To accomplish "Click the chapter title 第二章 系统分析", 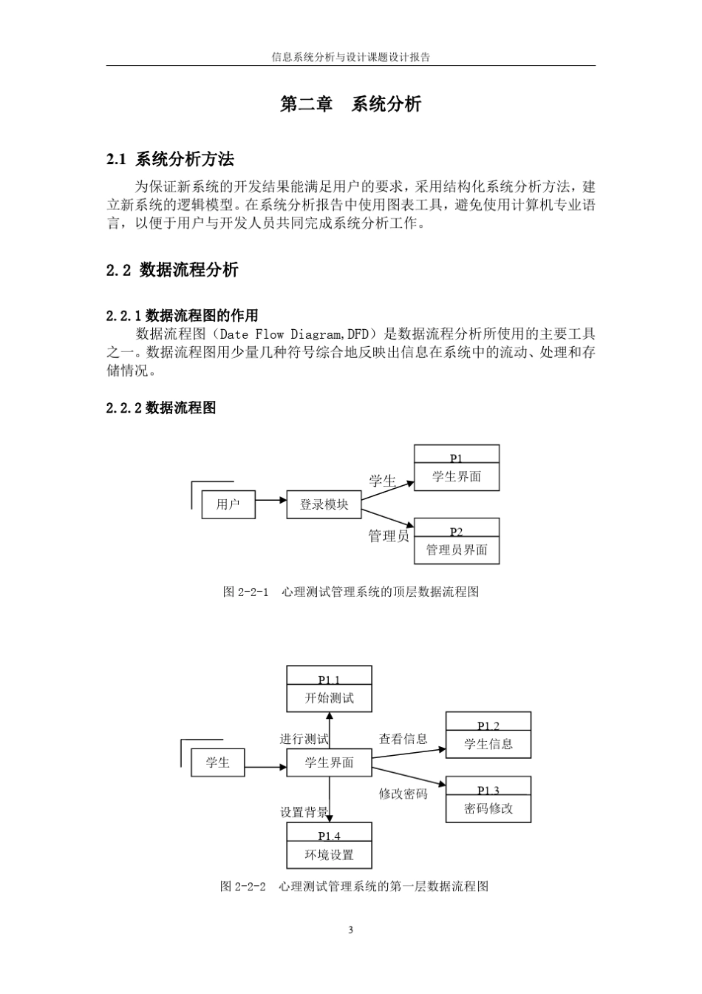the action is coord(350,104).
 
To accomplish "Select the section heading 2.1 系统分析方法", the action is coord(170,159).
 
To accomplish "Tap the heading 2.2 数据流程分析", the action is coord(172,270).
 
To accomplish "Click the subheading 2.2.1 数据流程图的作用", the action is coord(183,316).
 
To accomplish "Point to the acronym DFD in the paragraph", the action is coord(358,334).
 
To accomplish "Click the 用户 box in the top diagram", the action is coord(228,504).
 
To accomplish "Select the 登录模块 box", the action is coord(324,504).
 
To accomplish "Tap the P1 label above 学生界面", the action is coord(457,459).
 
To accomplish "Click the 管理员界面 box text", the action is coord(457,550).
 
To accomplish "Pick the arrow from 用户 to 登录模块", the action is coord(271,500).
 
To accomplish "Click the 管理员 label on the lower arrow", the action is coord(389,535).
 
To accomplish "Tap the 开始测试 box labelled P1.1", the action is coord(329,689).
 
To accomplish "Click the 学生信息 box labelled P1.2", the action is coord(488,735).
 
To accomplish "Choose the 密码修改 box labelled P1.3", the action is coord(488,799).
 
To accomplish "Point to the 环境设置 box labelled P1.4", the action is coord(329,845).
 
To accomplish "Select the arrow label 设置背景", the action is coord(304,812).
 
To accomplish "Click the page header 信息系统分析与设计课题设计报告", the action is coord(351,57).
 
